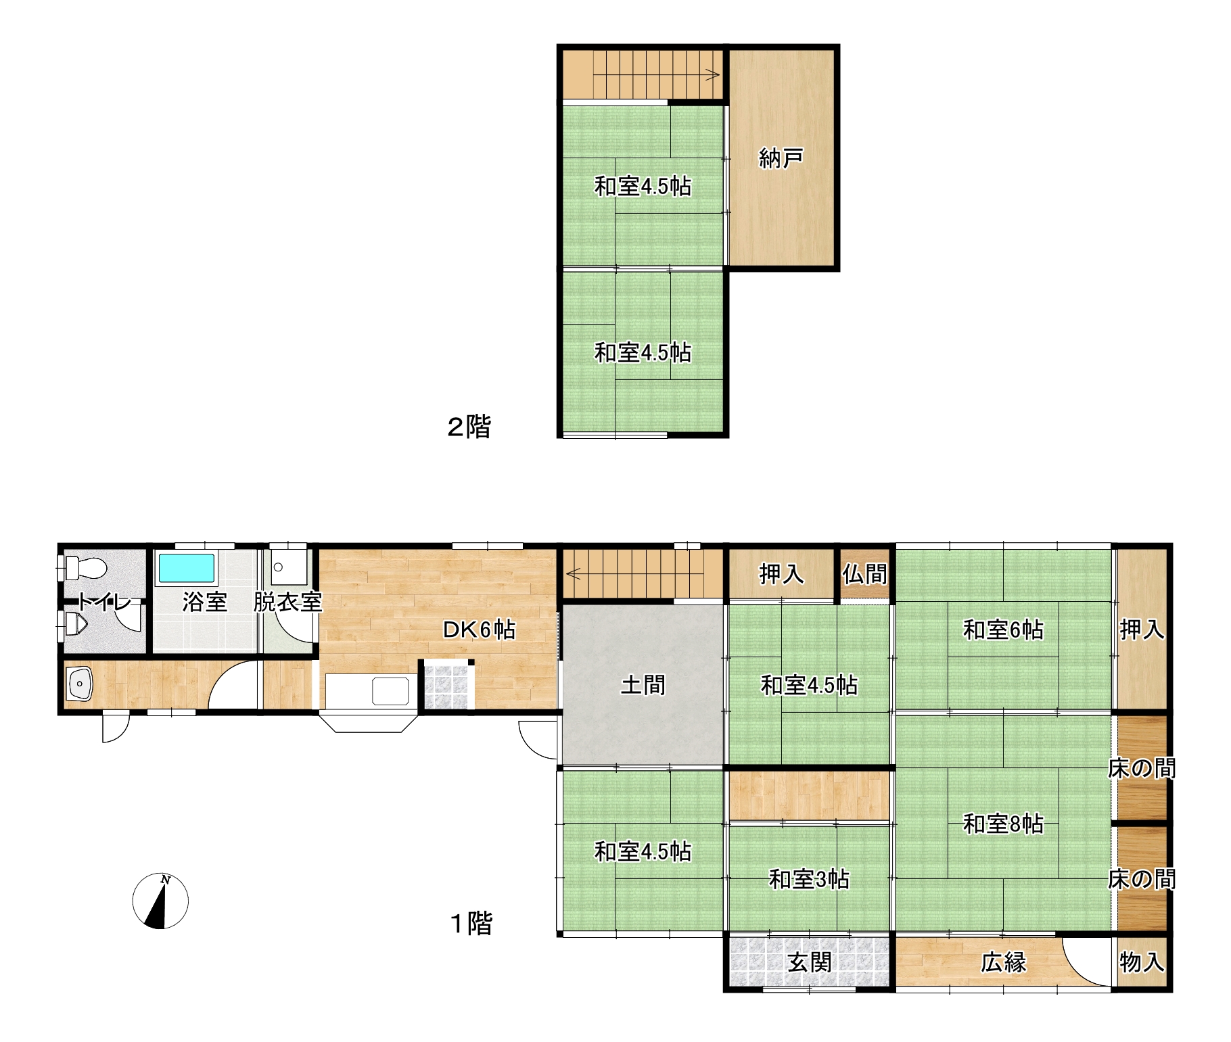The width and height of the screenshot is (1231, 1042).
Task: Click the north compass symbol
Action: point(160,901)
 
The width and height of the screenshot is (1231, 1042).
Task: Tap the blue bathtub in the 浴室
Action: point(187,569)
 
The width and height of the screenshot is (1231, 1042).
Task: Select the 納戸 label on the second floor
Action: point(781,158)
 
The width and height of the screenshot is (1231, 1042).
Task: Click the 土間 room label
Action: point(643,685)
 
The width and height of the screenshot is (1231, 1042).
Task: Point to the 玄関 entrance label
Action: point(810,962)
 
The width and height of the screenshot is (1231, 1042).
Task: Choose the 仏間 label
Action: point(865,574)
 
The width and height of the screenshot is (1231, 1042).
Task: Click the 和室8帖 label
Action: point(1003,824)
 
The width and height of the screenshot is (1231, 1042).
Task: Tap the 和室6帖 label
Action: point(1003,630)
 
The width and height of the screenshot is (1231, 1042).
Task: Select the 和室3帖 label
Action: point(810,879)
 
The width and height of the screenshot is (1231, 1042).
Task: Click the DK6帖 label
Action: point(479,630)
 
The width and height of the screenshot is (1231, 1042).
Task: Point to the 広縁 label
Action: point(1004,962)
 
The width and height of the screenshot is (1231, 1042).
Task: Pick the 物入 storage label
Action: point(1142,962)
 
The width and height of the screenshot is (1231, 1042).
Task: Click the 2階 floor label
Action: point(469,427)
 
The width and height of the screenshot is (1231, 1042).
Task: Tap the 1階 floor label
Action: point(471,924)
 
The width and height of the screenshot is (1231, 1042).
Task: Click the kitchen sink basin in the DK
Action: point(391,691)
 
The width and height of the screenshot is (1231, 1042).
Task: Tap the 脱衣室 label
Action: point(287,602)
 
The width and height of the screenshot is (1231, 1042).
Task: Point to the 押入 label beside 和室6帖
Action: point(1142,630)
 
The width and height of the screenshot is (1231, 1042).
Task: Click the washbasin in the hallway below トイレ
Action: point(79,684)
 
